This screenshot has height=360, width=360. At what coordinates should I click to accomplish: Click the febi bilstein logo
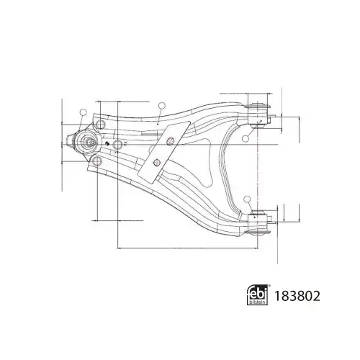click(258, 294)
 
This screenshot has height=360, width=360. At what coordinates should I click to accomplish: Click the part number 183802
click(297, 296)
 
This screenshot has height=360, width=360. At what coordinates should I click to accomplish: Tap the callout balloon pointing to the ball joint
click(84, 112)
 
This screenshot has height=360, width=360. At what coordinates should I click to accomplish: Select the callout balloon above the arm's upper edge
click(162, 106)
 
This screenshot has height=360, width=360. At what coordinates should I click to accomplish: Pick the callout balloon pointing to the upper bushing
click(246, 138)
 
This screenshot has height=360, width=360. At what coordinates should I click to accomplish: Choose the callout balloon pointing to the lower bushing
click(247, 199)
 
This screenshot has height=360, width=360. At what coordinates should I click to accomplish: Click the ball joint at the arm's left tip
click(87, 142)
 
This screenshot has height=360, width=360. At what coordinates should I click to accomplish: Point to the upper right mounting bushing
click(258, 115)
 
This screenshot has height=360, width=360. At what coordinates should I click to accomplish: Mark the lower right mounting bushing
click(258, 222)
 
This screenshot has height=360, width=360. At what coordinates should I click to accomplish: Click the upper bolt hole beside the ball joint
click(100, 125)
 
